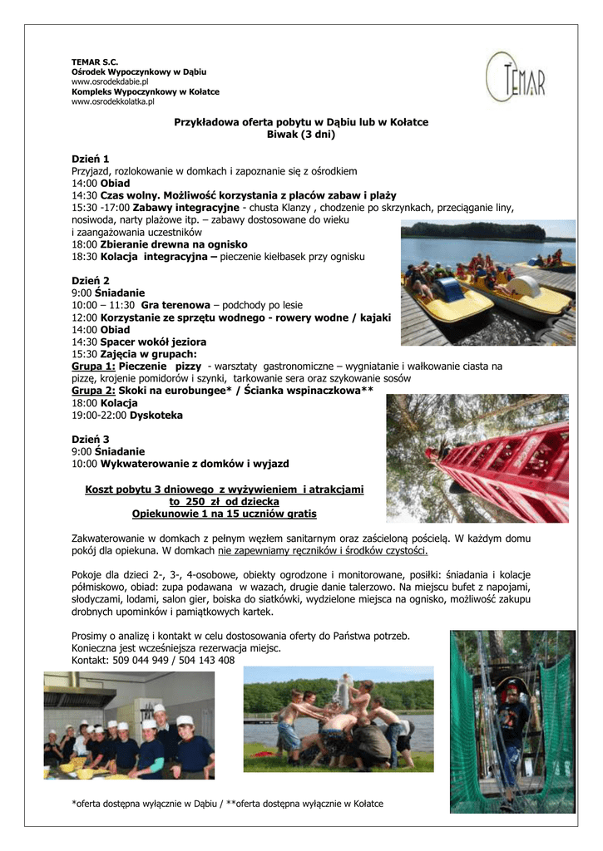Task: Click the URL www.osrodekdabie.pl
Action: point(110,82)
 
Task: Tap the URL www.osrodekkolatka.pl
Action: point(113,101)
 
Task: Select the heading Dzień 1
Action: point(91,158)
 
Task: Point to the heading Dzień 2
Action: point(91,280)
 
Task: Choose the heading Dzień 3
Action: point(91,439)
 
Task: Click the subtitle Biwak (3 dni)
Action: point(300,134)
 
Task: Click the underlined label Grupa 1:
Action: point(93,366)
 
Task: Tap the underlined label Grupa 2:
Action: point(93,390)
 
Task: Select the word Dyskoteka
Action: point(156,415)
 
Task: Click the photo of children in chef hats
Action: point(129,726)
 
